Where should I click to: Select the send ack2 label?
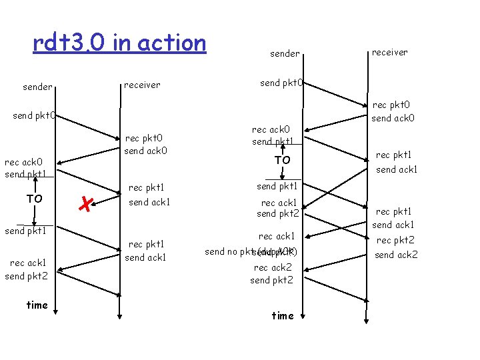[x=396, y=254]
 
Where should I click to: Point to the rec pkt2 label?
[x=395, y=240]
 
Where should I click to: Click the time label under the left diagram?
[x=37, y=305]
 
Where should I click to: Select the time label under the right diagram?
[x=283, y=315]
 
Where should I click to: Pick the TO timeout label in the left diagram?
[x=35, y=198]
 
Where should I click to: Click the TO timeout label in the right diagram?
[x=283, y=160]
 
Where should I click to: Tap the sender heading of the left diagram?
[x=38, y=87]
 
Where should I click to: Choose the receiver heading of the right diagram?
[x=390, y=52]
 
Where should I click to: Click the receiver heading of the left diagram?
[x=142, y=85]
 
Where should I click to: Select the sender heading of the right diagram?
[x=285, y=53]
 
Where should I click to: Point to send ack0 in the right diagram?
[x=393, y=118]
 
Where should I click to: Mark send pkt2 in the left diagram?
[x=26, y=276]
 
